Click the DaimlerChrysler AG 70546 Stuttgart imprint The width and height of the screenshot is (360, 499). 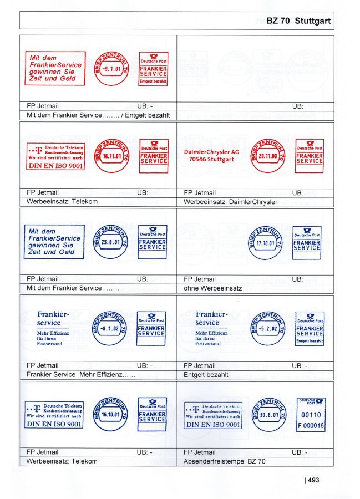coord(212,155)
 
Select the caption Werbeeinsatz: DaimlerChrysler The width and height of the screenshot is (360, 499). coord(230,202)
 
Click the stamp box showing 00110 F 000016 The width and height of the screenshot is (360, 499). coord(311,415)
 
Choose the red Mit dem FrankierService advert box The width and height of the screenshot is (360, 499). coord(55,68)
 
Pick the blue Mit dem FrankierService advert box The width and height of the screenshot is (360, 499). coord(55,242)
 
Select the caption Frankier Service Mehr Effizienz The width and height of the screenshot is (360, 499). coord(81,375)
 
